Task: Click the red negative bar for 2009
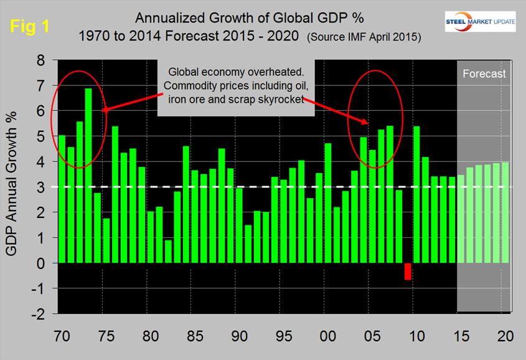pos(408,272)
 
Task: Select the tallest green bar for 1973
pos(88,176)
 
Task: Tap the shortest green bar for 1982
pos(168,252)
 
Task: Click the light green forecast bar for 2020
pos(505,212)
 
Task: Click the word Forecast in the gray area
pos(484,74)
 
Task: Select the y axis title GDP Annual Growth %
pos(13,187)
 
